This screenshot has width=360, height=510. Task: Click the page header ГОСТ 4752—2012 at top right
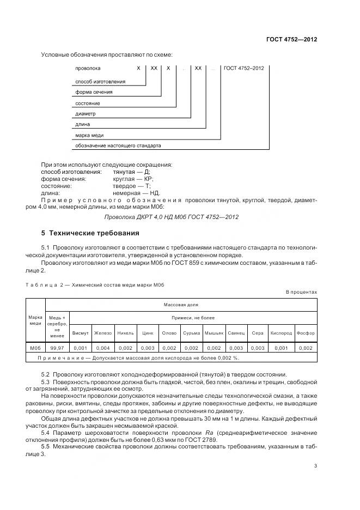click(x=291, y=40)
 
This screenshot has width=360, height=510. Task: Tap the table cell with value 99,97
click(x=58, y=347)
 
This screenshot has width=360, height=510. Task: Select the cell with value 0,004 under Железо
click(x=102, y=347)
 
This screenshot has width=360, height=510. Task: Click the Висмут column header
click(x=80, y=333)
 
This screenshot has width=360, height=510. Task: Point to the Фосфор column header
click(x=306, y=333)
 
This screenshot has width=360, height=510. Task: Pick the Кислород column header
click(x=281, y=333)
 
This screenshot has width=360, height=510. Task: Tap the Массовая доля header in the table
click(x=181, y=305)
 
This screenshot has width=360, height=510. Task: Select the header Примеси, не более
click(x=194, y=318)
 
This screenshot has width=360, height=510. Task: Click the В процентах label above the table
click(x=301, y=292)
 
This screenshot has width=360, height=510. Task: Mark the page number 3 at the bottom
click(x=315, y=465)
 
